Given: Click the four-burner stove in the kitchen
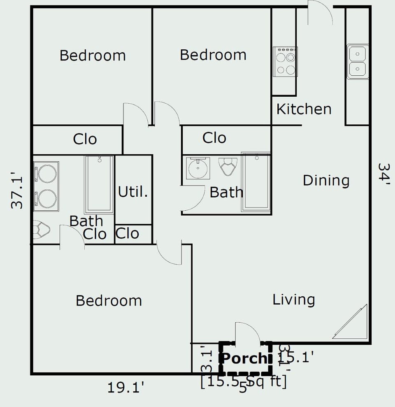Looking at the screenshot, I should click(x=285, y=62).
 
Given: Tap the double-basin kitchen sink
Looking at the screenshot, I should click(x=357, y=61).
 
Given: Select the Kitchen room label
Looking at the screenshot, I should click(x=304, y=109).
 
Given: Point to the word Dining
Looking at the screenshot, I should click(x=326, y=180).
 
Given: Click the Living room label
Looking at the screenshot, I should click(x=294, y=300).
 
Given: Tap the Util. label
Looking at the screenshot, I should click(x=133, y=191).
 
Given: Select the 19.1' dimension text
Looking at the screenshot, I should click(x=125, y=387).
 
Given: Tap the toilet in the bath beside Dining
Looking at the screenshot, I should click(x=228, y=166).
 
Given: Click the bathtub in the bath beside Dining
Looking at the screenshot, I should click(x=256, y=182).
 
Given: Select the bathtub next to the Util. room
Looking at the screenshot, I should click(x=99, y=184).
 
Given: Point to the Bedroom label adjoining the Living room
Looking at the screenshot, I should click(x=109, y=300).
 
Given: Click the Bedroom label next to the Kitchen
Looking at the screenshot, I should click(x=213, y=55).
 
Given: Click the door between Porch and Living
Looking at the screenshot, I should click(x=247, y=333).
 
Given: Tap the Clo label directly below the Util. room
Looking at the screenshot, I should click(x=127, y=233).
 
